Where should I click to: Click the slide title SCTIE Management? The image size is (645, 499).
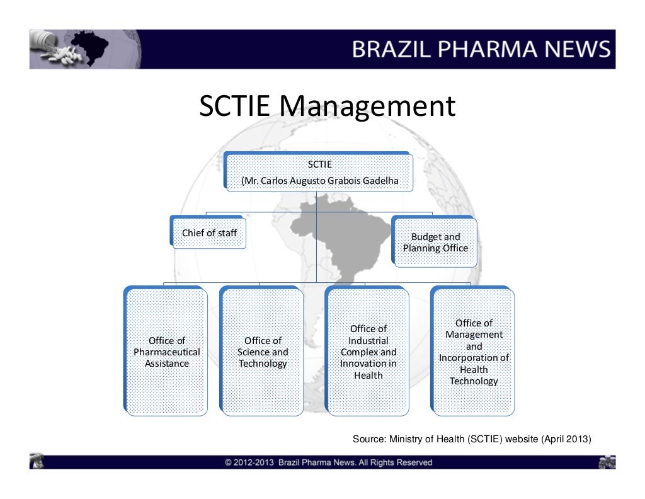click(327, 106)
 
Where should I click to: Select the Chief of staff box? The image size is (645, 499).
click(209, 232)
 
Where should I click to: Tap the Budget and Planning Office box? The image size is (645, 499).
click(435, 243)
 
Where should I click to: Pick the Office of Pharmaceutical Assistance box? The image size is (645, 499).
click(166, 352)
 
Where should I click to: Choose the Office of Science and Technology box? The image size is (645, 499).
click(262, 352)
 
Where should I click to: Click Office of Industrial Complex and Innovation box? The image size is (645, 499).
click(368, 352)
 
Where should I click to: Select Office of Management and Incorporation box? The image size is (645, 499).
click(474, 352)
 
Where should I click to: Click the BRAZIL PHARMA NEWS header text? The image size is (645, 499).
click(481, 49)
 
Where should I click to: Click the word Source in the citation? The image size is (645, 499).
click(368, 439)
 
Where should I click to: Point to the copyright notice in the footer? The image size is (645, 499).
click(328, 462)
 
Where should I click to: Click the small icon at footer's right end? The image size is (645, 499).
click(606, 462)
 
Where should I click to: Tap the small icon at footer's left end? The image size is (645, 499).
click(37, 462)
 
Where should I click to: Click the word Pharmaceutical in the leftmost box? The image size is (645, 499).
click(166, 352)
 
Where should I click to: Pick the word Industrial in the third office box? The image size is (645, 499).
click(368, 340)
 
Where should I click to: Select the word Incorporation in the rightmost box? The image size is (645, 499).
click(474, 358)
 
